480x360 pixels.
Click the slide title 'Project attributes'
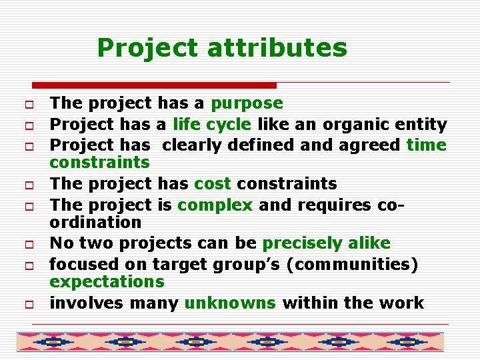point(222,48)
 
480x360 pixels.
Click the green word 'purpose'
point(247,103)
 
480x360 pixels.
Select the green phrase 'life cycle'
point(212,124)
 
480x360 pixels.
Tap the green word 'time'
point(426,144)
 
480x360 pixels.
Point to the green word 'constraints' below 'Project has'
point(99,163)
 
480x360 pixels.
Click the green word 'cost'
point(213,183)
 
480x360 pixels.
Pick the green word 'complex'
point(215,204)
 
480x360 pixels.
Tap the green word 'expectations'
point(107,282)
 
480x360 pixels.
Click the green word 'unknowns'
point(230,303)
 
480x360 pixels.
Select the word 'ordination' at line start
point(95,222)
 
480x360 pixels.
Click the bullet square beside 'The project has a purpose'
point(31,105)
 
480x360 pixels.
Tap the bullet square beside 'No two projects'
point(31,245)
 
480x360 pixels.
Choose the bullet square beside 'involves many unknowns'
point(31,305)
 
